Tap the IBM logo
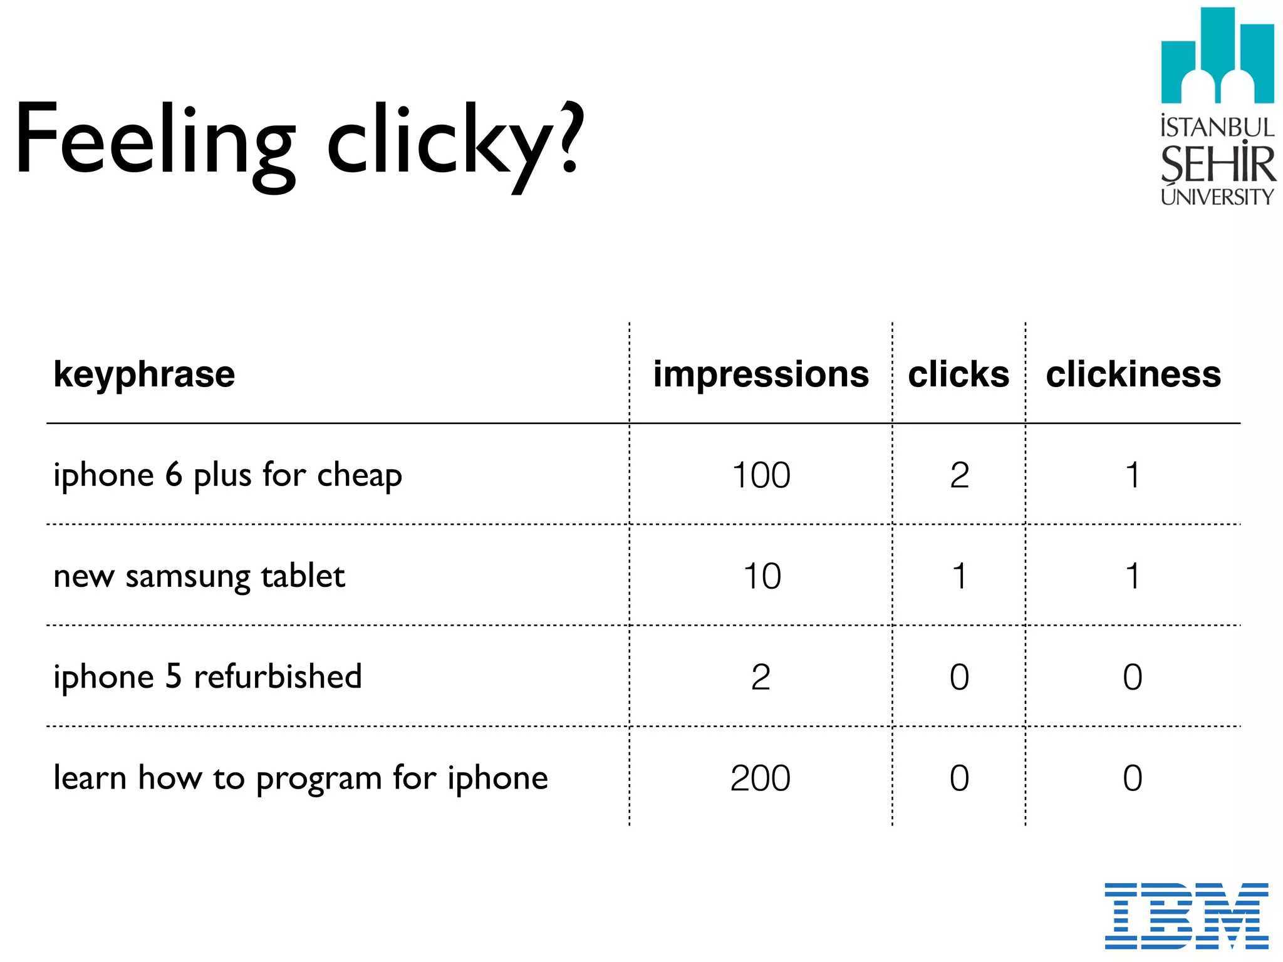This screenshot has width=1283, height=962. click(1186, 916)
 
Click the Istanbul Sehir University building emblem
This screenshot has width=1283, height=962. click(1217, 56)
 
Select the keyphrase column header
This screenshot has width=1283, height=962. click(144, 375)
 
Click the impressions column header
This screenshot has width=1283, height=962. click(761, 375)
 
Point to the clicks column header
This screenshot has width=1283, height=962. click(958, 375)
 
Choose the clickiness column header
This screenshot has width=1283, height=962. click(1133, 375)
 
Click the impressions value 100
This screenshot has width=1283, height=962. click(761, 475)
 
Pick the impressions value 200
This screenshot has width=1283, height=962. click(761, 778)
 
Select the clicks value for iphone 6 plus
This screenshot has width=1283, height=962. click(959, 475)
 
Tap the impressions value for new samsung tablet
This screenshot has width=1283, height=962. click(762, 576)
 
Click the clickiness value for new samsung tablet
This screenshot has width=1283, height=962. click(1132, 576)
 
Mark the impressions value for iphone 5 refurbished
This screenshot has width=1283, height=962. click(761, 677)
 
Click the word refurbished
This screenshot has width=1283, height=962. click(278, 677)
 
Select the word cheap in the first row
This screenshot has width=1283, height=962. click(359, 476)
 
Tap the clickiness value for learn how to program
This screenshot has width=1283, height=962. click(1132, 778)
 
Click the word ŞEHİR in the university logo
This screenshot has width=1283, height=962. click(1217, 164)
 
